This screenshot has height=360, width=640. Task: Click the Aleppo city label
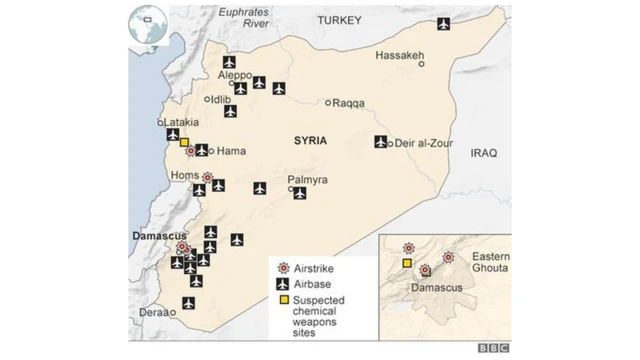(237, 76)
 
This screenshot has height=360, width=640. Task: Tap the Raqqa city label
(349, 103)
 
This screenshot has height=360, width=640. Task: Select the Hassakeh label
(399, 55)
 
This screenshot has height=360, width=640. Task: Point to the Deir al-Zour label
(425, 142)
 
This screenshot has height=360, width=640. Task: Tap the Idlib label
(221, 99)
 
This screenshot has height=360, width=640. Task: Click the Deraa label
(154, 312)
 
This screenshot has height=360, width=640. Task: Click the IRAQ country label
(484, 153)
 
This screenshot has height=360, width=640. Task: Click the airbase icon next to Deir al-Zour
(381, 142)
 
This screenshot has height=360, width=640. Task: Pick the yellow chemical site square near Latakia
(184, 142)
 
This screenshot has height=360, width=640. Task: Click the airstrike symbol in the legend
(284, 267)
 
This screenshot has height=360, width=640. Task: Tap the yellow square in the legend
(284, 300)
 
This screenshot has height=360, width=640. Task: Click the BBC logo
(492, 348)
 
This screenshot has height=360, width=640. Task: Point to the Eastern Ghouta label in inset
(491, 262)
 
